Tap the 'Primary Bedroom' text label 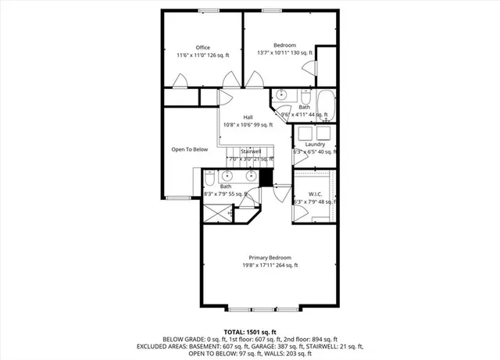270,258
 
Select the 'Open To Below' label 190,149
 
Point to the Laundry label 316,144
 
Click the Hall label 248,117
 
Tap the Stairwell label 250,151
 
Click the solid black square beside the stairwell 266,177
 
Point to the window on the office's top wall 208,10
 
